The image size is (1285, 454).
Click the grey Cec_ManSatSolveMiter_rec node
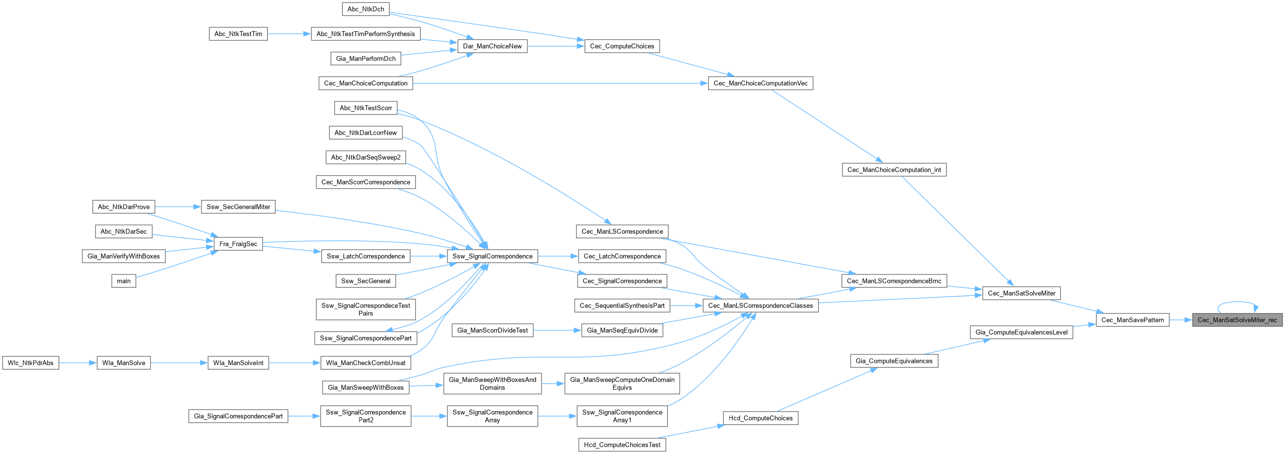pyautogui.click(x=1237, y=320)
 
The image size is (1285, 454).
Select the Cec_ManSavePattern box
pyautogui.click(x=1132, y=320)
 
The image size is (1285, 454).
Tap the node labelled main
pyautogui.click(x=124, y=281)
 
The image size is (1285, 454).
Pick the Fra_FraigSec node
pyautogui.click(x=239, y=244)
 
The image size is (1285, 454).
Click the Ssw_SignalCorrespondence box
pyautogui.click(x=492, y=257)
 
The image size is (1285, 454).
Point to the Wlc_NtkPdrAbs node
pyautogui.click(x=30, y=363)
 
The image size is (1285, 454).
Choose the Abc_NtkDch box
pyautogui.click(x=366, y=9)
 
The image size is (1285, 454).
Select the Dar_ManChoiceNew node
pyautogui.click(x=492, y=46)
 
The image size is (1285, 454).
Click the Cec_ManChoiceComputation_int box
pyautogui.click(x=894, y=170)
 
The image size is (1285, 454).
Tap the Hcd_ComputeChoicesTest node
pyautogui.click(x=622, y=445)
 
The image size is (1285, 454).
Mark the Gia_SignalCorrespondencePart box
pyautogui.click(x=239, y=416)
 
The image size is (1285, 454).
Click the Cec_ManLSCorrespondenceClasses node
pyautogui.click(x=760, y=306)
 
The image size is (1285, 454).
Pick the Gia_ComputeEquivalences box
pyautogui.click(x=894, y=361)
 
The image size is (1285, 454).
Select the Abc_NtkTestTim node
pyautogui.click(x=239, y=34)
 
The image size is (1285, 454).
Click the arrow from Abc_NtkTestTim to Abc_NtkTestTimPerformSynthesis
pyautogui.click(x=289, y=34)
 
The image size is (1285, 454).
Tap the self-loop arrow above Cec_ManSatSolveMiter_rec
pyautogui.click(x=1237, y=302)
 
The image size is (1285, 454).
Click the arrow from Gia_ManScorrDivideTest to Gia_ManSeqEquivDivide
pyautogui.click(x=557, y=331)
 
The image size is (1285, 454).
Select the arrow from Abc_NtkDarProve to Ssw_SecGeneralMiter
pyautogui.click(x=178, y=207)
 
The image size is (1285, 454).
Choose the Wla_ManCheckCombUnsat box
pyautogui.click(x=366, y=363)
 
